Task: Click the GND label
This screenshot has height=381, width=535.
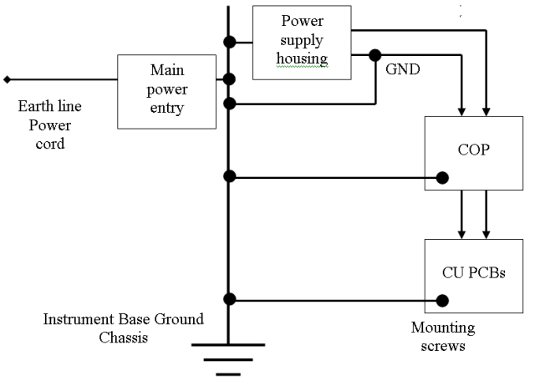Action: coord(402,71)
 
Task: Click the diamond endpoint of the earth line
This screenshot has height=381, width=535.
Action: coord(8,80)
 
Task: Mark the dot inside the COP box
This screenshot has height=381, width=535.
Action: coord(442,177)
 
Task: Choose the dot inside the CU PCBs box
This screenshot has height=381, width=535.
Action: coord(442,299)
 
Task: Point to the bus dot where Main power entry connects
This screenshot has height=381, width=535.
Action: coord(228,80)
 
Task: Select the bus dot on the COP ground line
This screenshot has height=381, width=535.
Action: coord(228,176)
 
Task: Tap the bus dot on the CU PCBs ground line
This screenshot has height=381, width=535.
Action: coord(228,299)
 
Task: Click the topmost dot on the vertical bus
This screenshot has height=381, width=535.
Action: coord(228,41)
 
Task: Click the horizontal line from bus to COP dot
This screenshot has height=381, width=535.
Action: coord(334,176)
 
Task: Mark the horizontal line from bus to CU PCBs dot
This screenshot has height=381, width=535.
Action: coord(334,299)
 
